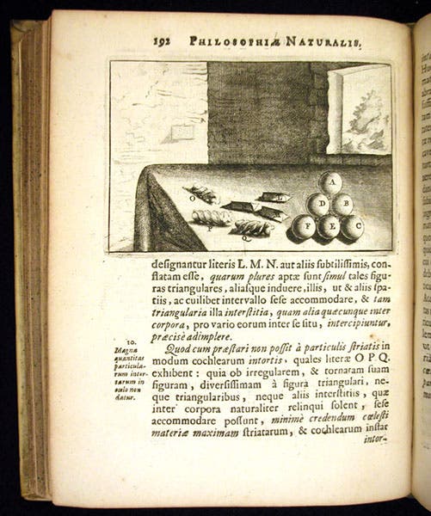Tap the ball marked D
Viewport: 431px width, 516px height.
click(318, 205)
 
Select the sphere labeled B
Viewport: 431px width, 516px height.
click(342, 204)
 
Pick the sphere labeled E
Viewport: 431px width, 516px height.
click(329, 228)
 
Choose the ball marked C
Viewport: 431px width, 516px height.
click(353, 227)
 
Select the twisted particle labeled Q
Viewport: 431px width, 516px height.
click(253, 227)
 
